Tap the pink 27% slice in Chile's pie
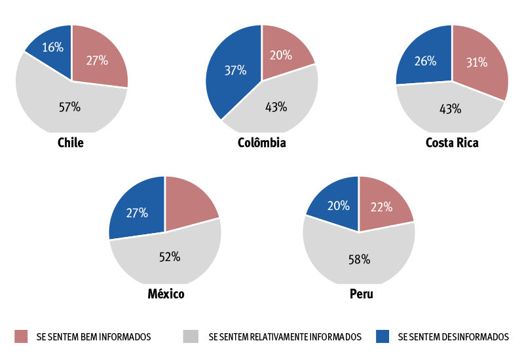tap(97, 60)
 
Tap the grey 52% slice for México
tap(169, 257)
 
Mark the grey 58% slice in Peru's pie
tap(359, 259)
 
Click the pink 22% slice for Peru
tap(382, 206)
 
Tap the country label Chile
tap(71, 143)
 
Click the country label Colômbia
tap(261, 143)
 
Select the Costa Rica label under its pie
tap(452, 143)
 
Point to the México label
tap(166, 294)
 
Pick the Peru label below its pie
tap(362, 294)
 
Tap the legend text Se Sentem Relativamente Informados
tap(285, 336)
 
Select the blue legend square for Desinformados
tap(383, 336)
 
